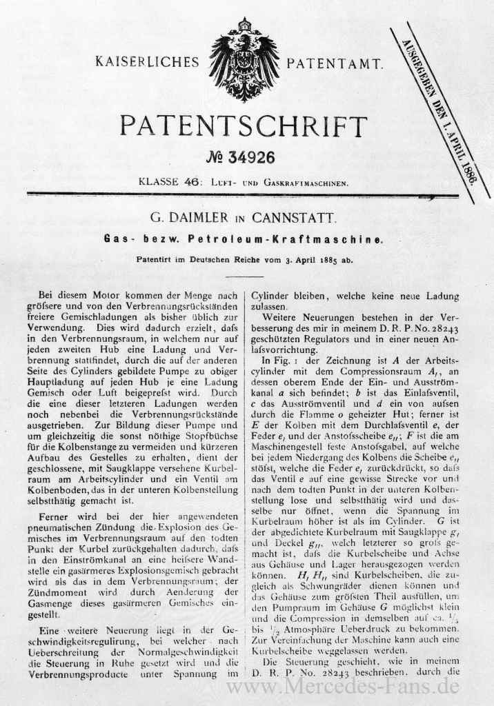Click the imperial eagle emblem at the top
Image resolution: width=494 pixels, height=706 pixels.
pyautogui.click(x=244, y=59)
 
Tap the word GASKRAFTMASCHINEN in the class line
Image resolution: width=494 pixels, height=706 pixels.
pyautogui.click(x=306, y=184)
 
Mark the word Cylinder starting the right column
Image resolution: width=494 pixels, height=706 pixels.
pyautogui.click(x=271, y=294)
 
